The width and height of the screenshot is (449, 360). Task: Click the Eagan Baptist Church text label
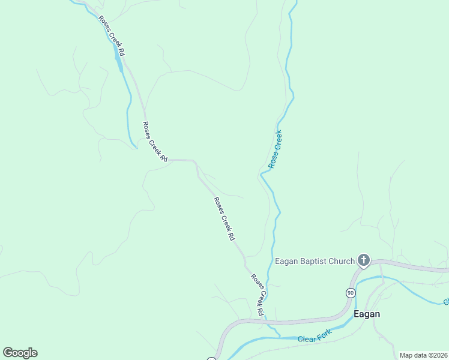click(x=315, y=261)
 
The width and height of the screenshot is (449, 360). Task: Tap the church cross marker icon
click(x=363, y=260)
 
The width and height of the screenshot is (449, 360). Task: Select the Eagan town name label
click(x=366, y=314)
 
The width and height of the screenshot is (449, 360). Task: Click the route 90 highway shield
click(x=350, y=293)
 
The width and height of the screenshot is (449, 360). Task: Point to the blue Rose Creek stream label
click(x=276, y=149)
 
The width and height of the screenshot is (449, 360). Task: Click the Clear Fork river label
click(x=315, y=339)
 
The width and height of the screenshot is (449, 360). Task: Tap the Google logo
click(x=20, y=353)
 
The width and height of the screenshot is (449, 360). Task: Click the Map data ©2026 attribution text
click(x=423, y=355)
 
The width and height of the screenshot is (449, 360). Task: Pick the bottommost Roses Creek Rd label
click(x=257, y=295)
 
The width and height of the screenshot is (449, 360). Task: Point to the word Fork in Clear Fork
click(x=324, y=338)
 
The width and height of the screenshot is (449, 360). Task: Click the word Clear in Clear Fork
click(x=307, y=340)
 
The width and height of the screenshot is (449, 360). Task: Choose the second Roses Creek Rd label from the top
click(x=154, y=142)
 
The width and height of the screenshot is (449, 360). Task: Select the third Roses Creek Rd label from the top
click(x=224, y=219)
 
